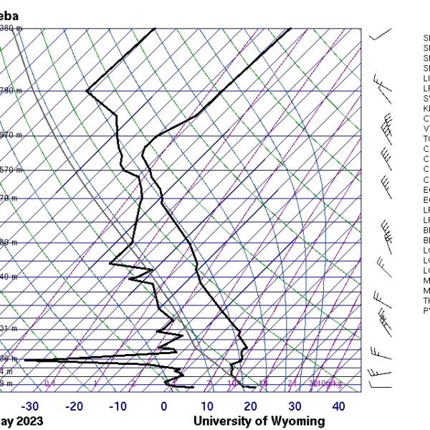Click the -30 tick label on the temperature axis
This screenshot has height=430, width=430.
(x=30, y=407)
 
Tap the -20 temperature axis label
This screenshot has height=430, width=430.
(x=74, y=407)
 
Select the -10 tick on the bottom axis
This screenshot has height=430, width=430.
(x=118, y=407)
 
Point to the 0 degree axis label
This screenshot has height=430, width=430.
(x=164, y=407)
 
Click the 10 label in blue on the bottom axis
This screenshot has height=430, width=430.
(x=207, y=407)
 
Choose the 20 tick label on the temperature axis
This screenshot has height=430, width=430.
(x=251, y=407)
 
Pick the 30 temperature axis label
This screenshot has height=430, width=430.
(x=295, y=407)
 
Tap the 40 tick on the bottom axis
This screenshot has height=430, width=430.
(x=338, y=407)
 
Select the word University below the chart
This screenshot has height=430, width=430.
(x=222, y=421)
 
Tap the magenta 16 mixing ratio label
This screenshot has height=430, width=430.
(x=263, y=384)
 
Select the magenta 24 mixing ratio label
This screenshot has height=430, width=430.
(x=292, y=384)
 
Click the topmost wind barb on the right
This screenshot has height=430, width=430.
(x=380, y=34)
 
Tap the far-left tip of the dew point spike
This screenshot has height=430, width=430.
(x=24, y=360)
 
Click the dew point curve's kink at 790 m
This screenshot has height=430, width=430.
(x=87, y=91)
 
